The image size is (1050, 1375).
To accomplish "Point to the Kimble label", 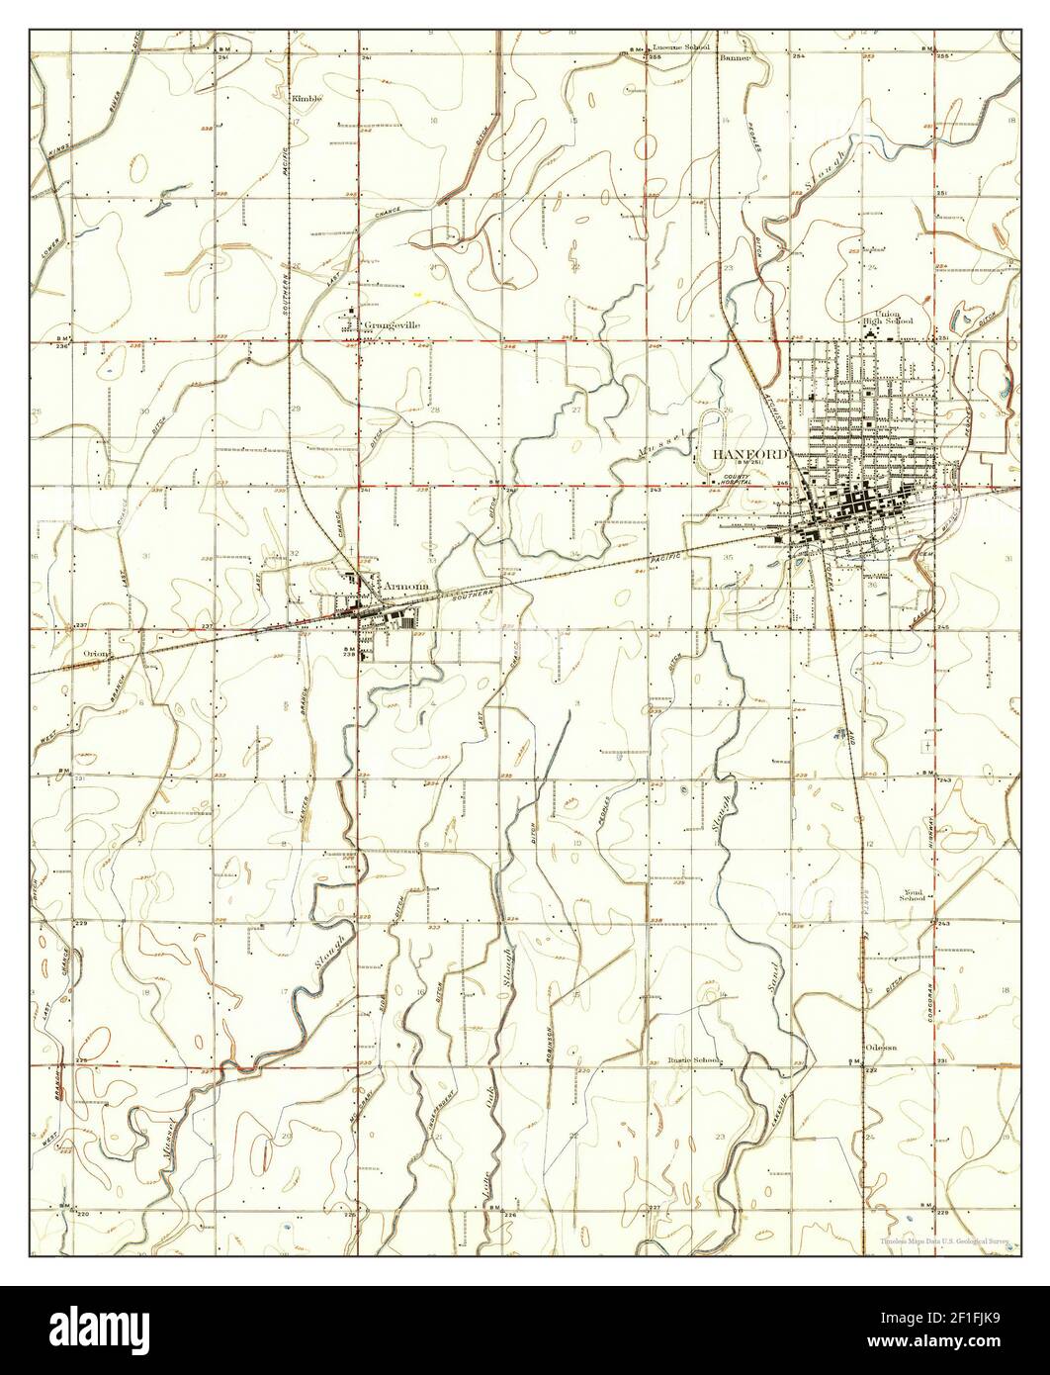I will click(306, 99).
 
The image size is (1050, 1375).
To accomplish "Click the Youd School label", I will click(912, 894).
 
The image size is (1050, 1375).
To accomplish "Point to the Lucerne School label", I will click(681, 46).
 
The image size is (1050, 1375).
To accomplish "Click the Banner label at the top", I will click(736, 58).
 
